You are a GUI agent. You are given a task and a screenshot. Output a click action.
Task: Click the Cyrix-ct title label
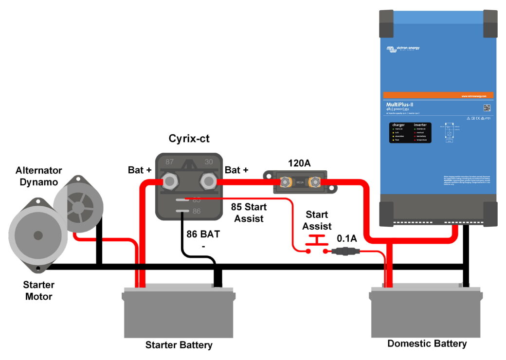click(189, 139)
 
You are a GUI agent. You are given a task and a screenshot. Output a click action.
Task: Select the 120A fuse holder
click(295, 182)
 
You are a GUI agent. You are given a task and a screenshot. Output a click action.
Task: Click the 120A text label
click(294, 163)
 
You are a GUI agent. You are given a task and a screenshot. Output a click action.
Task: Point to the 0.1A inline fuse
click(345, 252)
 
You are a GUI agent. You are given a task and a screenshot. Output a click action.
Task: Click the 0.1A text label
click(347, 239)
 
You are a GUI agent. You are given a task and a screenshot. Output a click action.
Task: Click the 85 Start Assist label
click(249, 213)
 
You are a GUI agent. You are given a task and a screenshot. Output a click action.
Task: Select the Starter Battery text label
click(179, 345)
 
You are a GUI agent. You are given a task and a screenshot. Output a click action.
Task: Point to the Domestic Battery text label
click(427, 343)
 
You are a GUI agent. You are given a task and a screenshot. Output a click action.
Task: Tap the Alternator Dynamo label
click(39, 176)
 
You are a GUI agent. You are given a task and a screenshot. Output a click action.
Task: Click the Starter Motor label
click(39, 290)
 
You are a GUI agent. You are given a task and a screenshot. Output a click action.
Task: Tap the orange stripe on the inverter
click(438, 95)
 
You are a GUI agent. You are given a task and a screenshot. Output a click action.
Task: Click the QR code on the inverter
click(487, 108)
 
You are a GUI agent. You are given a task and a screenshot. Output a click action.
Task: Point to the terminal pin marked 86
click(182, 211)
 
